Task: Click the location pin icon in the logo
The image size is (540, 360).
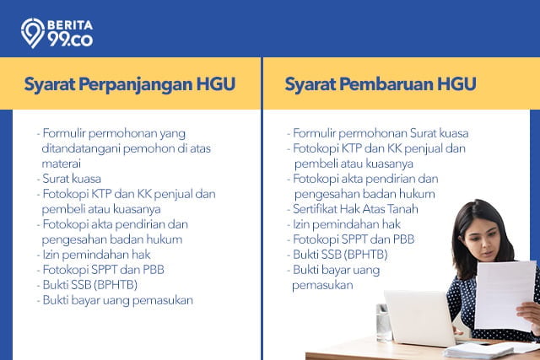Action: click(x=33, y=33)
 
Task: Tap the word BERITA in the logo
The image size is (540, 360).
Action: click(x=70, y=24)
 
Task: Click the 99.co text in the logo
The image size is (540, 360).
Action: click(x=70, y=40)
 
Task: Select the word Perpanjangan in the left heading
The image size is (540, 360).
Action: click(x=135, y=84)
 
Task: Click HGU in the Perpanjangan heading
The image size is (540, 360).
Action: click(x=216, y=84)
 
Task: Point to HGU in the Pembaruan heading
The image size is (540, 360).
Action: click(x=456, y=84)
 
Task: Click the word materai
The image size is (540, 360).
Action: click(x=62, y=164)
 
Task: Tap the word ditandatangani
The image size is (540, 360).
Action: click(x=81, y=148)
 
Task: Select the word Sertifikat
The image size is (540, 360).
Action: click(x=315, y=209)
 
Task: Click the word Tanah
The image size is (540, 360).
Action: click(x=402, y=209)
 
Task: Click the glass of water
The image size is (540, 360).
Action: click(x=384, y=322)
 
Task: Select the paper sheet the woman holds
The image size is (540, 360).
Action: click(x=505, y=296)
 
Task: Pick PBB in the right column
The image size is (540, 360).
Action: click(x=403, y=239)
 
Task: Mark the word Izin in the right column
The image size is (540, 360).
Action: click(x=300, y=224)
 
